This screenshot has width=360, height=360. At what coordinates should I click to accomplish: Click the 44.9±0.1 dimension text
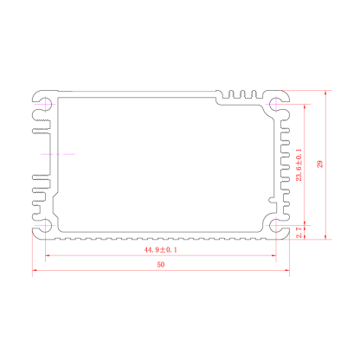pyautogui.click(x=161, y=249)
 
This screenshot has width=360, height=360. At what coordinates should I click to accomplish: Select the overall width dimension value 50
pyautogui.click(x=161, y=265)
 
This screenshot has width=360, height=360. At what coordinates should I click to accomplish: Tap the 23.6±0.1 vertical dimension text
pyautogui.click(x=299, y=165)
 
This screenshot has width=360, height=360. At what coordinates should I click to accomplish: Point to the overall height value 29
pyautogui.click(x=319, y=164)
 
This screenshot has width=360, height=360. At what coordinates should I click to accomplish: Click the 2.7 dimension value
pyautogui.click(x=299, y=233)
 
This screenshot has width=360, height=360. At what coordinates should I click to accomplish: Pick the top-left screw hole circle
pyautogui.click(x=46, y=103)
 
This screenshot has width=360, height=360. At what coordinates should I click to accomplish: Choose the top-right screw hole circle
pyautogui.click(x=276, y=104)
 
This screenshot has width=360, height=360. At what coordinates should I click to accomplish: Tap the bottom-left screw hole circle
pyautogui.click(x=46, y=225)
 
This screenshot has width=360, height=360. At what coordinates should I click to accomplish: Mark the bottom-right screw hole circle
pyautogui.click(x=276, y=225)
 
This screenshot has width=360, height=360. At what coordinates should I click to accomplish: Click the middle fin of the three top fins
pyautogui.click(x=242, y=94)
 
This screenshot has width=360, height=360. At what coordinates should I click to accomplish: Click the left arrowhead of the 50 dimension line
pyautogui.click(x=35, y=270)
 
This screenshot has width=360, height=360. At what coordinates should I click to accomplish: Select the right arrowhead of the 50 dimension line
pyautogui.click(x=286, y=270)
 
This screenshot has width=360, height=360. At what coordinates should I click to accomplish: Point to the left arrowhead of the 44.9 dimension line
pyautogui.click(x=48, y=255)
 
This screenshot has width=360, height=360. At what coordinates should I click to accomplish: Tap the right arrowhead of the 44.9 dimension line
pyautogui.click(x=273, y=255)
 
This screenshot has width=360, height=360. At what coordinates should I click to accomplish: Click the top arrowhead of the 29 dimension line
pyautogui.click(x=325, y=93)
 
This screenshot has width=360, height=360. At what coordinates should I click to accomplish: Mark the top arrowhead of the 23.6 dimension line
pyautogui.click(x=305, y=107)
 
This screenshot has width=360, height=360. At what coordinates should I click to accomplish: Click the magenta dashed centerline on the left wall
pyautogui.click(x=58, y=154)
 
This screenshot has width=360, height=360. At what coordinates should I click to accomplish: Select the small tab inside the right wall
pyautogui.click(x=273, y=200)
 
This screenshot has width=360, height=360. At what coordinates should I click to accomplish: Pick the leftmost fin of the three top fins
pyautogui.click(x=231, y=94)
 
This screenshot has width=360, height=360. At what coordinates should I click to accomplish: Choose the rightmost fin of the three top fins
pyautogui.click(x=254, y=94)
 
